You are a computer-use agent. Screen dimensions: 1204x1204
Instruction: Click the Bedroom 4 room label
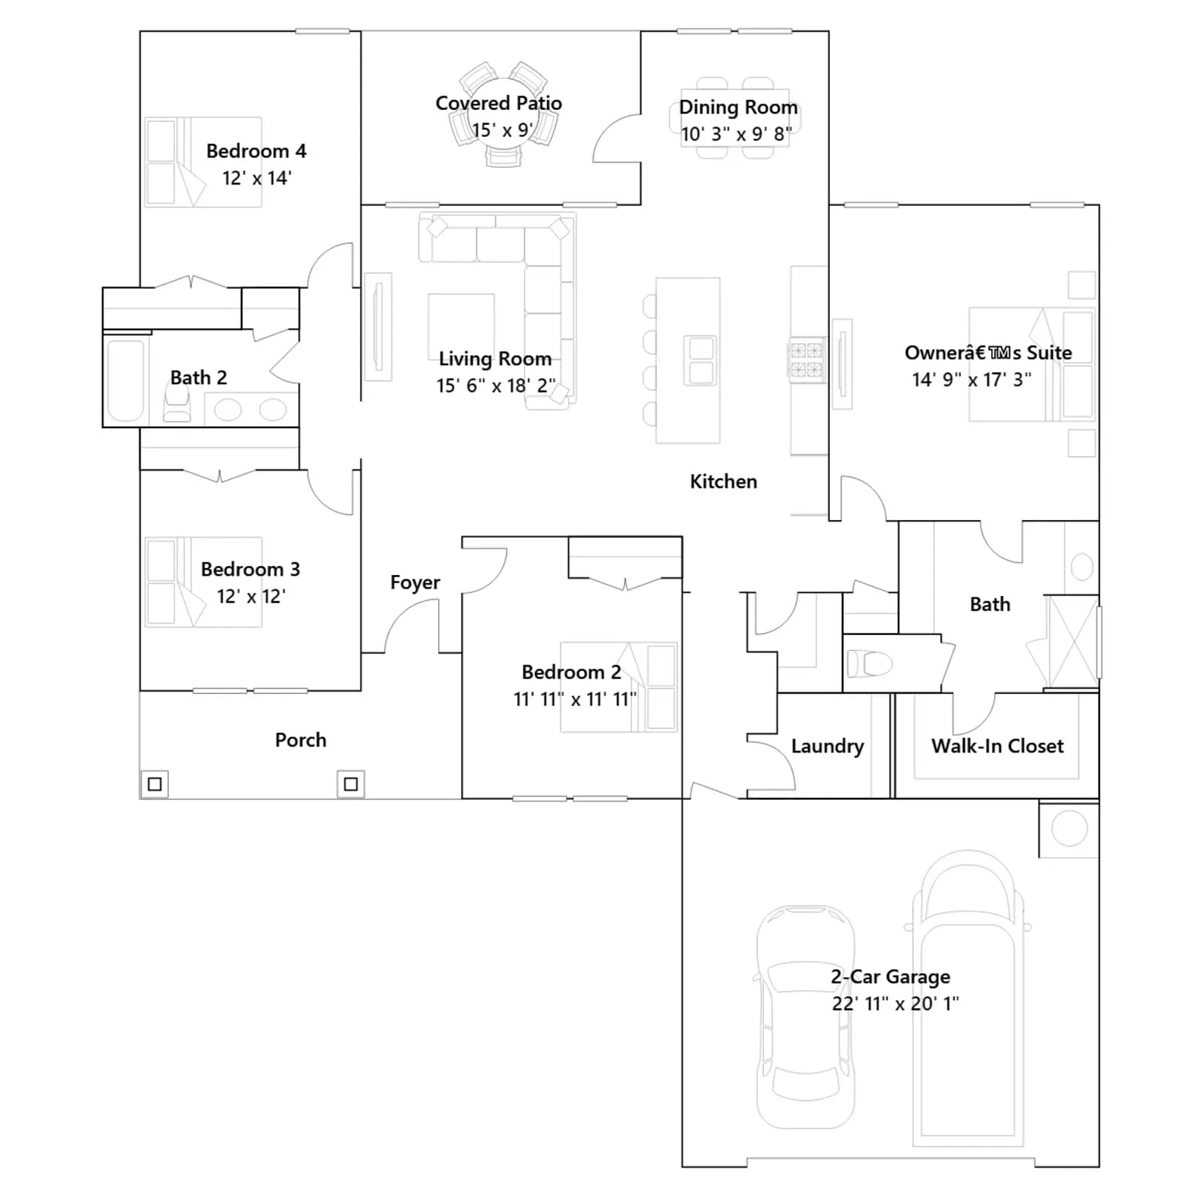click(x=256, y=151)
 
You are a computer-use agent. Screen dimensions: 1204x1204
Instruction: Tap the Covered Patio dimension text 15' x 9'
click(x=503, y=130)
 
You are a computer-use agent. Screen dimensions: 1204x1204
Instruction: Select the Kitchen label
click(x=723, y=482)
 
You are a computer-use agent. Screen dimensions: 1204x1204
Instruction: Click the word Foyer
click(x=415, y=583)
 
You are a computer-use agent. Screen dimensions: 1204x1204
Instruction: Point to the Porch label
click(x=300, y=740)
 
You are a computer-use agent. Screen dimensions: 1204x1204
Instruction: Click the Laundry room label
click(x=827, y=746)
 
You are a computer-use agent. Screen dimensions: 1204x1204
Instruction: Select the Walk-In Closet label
click(x=997, y=746)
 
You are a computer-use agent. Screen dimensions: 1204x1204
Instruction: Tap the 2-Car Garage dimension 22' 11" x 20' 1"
click(x=895, y=1003)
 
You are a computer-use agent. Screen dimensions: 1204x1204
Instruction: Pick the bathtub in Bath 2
click(x=126, y=381)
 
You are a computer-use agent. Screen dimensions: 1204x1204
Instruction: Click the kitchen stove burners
click(x=806, y=360)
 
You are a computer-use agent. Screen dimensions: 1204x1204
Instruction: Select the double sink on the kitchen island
click(x=701, y=360)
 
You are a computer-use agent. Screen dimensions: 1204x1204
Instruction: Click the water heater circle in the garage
click(x=1069, y=829)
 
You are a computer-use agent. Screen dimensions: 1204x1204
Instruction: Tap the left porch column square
click(x=155, y=784)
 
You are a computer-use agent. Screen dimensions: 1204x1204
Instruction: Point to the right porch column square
click(x=351, y=784)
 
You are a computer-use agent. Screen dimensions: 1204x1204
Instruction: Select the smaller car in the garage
click(x=805, y=1017)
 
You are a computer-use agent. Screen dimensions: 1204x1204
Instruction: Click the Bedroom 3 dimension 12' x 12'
click(x=251, y=597)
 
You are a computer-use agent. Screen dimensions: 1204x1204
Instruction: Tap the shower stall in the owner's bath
click(x=1072, y=640)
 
